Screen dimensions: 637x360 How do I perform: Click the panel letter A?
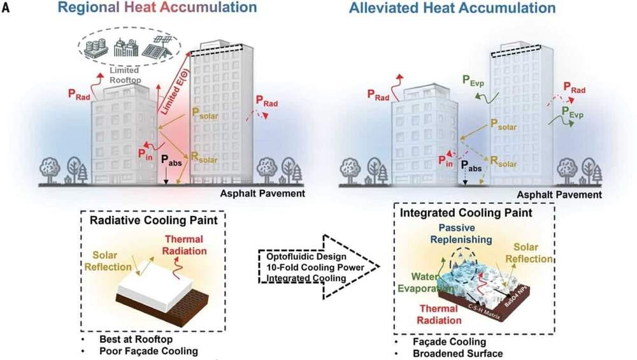(5, 7)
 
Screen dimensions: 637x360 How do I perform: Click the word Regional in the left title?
(89, 7)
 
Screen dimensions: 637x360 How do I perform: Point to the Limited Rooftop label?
(125, 75)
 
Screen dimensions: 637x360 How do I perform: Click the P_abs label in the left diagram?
(171, 160)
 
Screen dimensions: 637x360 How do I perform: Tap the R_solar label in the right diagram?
(503, 161)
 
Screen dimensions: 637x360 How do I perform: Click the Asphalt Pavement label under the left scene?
(262, 194)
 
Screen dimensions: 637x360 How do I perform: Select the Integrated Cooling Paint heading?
(466, 213)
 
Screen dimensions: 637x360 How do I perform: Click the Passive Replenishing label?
(461, 234)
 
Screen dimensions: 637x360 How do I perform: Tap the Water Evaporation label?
(425, 283)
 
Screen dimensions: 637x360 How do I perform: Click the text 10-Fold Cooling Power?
(315, 268)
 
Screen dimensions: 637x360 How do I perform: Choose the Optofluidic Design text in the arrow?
(306, 257)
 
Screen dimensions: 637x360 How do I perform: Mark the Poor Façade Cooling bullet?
(148, 351)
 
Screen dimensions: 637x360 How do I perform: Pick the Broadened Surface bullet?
(458, 354)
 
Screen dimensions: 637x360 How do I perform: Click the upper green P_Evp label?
(473, 80)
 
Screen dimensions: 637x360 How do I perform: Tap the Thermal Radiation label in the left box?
(185, 245)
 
